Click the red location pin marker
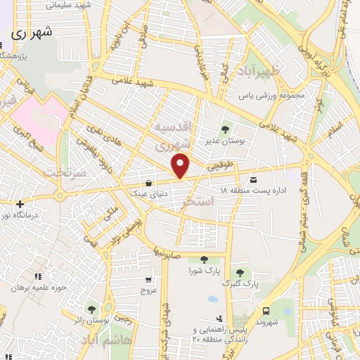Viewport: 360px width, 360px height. (x=181, y=165)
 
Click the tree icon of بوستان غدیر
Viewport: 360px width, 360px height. (x=226, y=129)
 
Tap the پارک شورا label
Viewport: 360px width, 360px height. (x=204, y=270)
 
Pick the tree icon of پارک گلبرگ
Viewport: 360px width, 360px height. (x=241, y=273)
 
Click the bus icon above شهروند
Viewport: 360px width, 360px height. (x=266, y=311)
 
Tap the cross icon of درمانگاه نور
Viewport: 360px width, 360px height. (x=19, y=205)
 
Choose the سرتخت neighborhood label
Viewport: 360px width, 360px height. (x=63, y=172)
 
